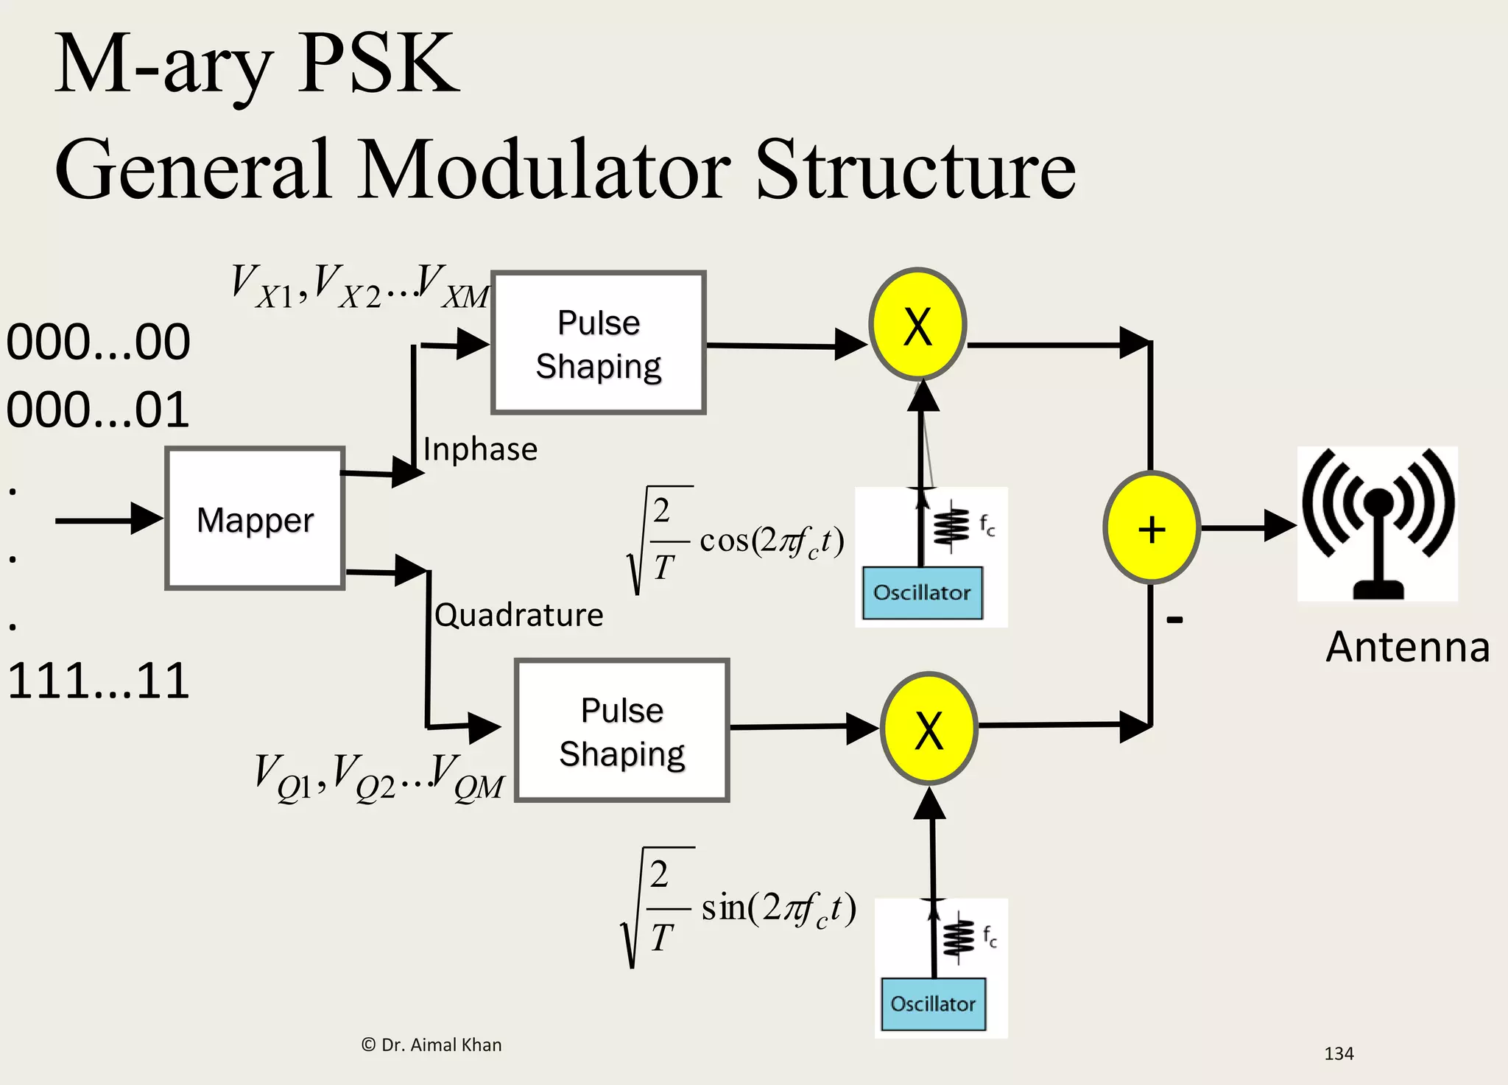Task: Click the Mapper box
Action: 255,519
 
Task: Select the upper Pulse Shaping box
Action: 599,343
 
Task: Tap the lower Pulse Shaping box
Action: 622,731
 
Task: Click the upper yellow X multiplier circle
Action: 917,325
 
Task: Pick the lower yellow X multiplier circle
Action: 929,728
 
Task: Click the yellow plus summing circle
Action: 1152,528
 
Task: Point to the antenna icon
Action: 1378,524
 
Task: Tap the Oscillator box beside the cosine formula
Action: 922,593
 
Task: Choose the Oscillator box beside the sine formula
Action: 933,1004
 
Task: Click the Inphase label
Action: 480,449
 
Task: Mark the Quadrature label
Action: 519,615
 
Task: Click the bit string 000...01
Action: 98,410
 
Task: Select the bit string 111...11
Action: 98,681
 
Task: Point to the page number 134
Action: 1339,1054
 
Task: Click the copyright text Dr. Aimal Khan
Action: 432,1045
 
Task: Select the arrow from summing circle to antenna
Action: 1248,527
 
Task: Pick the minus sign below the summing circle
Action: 1175,620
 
